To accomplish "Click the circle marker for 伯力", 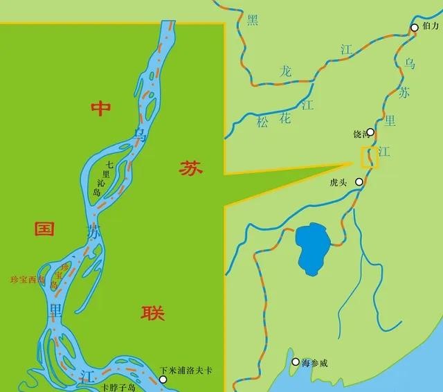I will coord(414,28).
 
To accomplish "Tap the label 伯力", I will coord(431,26).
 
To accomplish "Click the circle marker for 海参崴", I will coord(296,362).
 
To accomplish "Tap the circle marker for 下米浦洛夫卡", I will coord(163,380).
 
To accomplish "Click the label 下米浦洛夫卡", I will coord(186,371).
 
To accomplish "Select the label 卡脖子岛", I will coord(116,386).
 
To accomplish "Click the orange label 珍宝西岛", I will coord(28,280).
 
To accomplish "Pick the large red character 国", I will coord(45,229).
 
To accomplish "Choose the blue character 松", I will coord(262,122).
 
